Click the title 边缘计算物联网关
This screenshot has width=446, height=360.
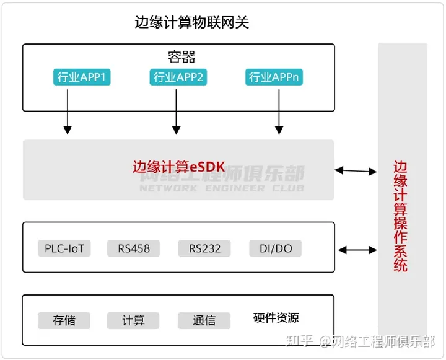pyautogui.click(x=192, y=23)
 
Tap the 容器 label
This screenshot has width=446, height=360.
pyautogui.click(x=181, y=58)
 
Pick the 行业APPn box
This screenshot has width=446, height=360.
pyautogui.click(x=276, y=77)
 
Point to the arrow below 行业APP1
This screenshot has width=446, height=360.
pyautogui.click(x=68, y=111)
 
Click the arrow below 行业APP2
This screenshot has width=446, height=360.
pyautogui.click(x=176, y=111)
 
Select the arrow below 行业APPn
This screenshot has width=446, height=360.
pyautogui.click(x=279, y=111)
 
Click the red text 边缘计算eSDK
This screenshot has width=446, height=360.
pyautogui.click(x=178, y=167)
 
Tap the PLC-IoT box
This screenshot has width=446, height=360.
pyautogui.click(x=64, y=249)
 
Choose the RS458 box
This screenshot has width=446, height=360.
pyautogui.click(x=133, y=249)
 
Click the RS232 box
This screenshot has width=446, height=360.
pyautogui.click(x=204, y=249)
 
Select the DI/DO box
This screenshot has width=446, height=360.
pyautogui.click(x=275, y=249)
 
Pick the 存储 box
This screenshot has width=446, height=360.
pyautogui.click(x=64, y=320)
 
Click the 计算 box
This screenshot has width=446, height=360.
pyautogui.click(x=133, y=320)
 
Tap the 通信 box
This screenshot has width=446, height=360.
pyautogui.click(x=204, y=320)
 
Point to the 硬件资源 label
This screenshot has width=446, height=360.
pyautogui.click(x=276, y=318)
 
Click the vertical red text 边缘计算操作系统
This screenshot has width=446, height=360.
pyautogui.click(x=401, y=216)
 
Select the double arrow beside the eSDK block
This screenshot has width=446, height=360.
pyautogui.click(x=356, y=170)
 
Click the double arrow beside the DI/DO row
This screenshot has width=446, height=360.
pyautogui.click(x=357, y=250)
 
